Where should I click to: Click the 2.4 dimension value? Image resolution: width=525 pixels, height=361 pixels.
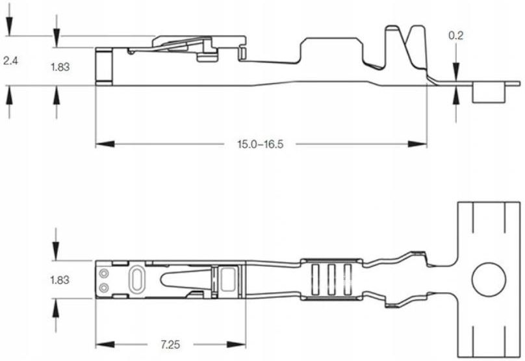(x=10, y=61)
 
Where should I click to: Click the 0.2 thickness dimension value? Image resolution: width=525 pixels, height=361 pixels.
(x=455, y=36)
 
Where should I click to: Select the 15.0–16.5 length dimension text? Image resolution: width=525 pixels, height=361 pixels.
(x=260, y=144)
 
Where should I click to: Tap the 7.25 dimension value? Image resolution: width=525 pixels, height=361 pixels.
(x=170, y=344)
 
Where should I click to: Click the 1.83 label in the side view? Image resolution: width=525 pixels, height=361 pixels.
(x=60, y=67)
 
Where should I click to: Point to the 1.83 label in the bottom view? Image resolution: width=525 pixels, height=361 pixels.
(x=60, y=280)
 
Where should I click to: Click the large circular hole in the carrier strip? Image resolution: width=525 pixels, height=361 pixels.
(x=489, y=279)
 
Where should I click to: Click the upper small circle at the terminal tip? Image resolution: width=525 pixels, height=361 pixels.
(x=105, y=273)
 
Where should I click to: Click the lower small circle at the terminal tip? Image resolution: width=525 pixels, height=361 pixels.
(x=105, y=287)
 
